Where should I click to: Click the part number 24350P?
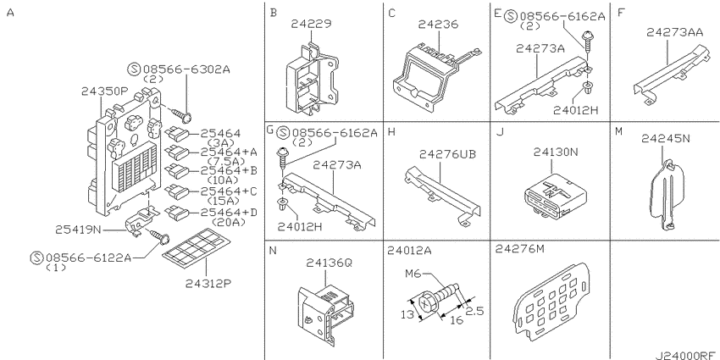(104, 91)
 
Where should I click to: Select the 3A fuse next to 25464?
(176, 134)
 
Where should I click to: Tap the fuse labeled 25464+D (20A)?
(176, 213)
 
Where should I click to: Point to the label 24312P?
(208, 283)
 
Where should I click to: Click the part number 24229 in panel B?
(311, 24)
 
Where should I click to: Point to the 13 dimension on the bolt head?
(406, 314)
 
